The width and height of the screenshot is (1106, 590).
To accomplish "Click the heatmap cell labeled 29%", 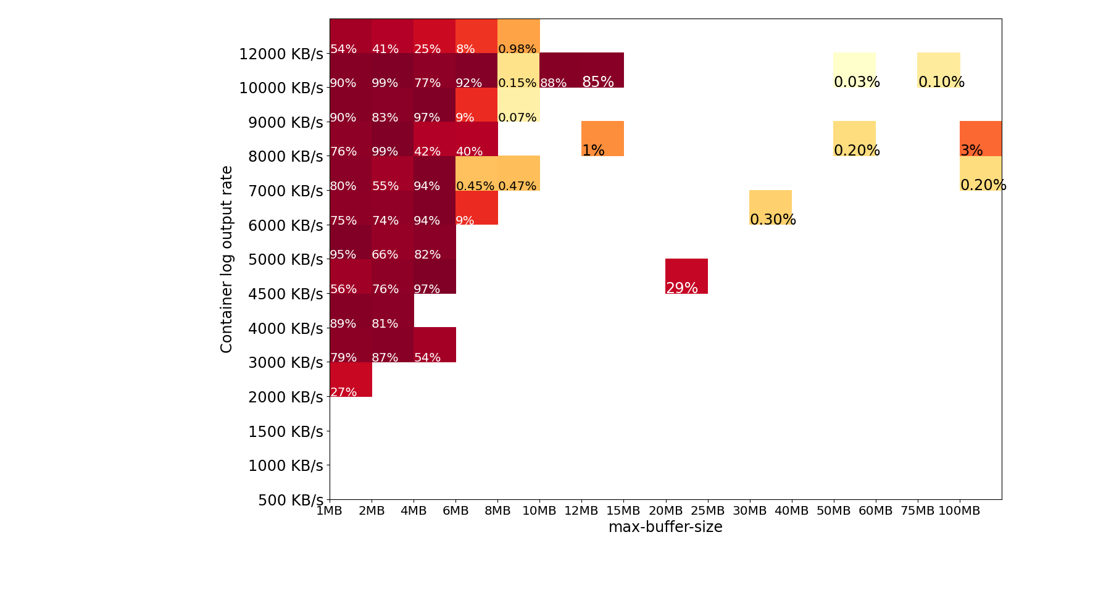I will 686,276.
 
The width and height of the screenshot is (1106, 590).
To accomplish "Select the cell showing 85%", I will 602,70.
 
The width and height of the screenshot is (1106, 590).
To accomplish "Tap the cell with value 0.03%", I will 854,70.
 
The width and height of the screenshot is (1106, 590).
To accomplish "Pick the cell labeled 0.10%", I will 938,70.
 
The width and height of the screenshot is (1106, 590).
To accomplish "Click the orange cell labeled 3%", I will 980,139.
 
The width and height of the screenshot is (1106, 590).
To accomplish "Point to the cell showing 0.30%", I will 770,207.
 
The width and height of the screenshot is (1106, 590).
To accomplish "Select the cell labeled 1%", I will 602,139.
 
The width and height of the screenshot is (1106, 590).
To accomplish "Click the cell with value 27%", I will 351,380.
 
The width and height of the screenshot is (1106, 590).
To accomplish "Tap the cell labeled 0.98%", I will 518,36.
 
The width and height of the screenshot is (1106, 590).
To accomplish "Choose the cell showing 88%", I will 560,70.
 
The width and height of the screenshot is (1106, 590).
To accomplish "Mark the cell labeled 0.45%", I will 476,173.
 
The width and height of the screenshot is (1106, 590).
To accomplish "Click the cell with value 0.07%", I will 518,105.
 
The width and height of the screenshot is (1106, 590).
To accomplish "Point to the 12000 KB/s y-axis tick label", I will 281,54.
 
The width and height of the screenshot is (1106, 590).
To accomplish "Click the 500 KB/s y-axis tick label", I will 290,500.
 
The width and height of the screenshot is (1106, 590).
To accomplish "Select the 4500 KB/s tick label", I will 285,294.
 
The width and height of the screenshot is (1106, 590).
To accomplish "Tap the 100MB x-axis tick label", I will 959,511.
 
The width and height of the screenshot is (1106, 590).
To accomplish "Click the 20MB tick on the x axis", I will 665,511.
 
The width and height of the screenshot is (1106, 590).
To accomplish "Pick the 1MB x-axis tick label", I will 330,511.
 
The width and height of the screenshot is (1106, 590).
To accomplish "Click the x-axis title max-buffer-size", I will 665,527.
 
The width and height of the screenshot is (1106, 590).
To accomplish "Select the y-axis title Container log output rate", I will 227,259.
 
